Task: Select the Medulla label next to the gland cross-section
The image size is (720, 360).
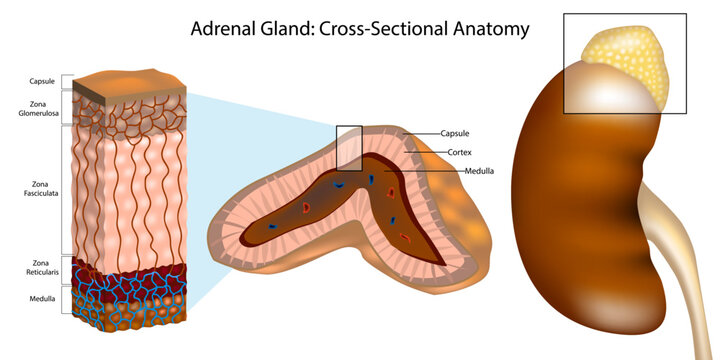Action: click(479, 171)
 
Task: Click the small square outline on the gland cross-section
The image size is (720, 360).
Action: click(348, 147)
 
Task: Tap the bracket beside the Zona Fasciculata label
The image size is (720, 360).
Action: click(66, 190)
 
